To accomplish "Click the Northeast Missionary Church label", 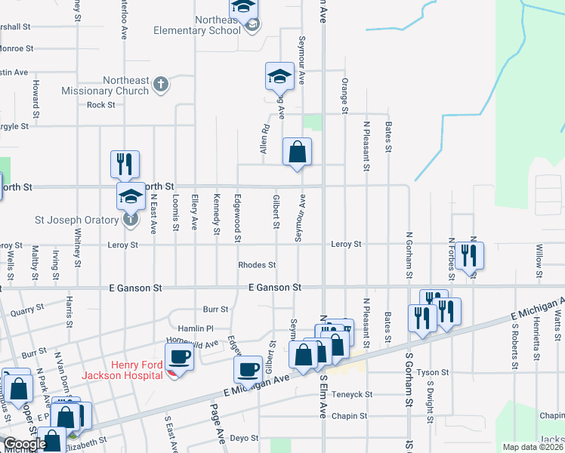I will click(116, 86).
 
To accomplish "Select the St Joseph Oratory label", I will click(79, 220).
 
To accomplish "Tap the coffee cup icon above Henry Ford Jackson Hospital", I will click(179, 356).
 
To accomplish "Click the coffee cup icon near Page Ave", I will click(247, 369).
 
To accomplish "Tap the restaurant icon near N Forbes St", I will click(469, 256).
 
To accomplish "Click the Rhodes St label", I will click(257, 265).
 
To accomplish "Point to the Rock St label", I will click(100, 105).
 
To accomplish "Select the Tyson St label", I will click(433, 372).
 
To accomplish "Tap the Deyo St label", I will click(244, 438).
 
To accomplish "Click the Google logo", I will click(25, 444).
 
